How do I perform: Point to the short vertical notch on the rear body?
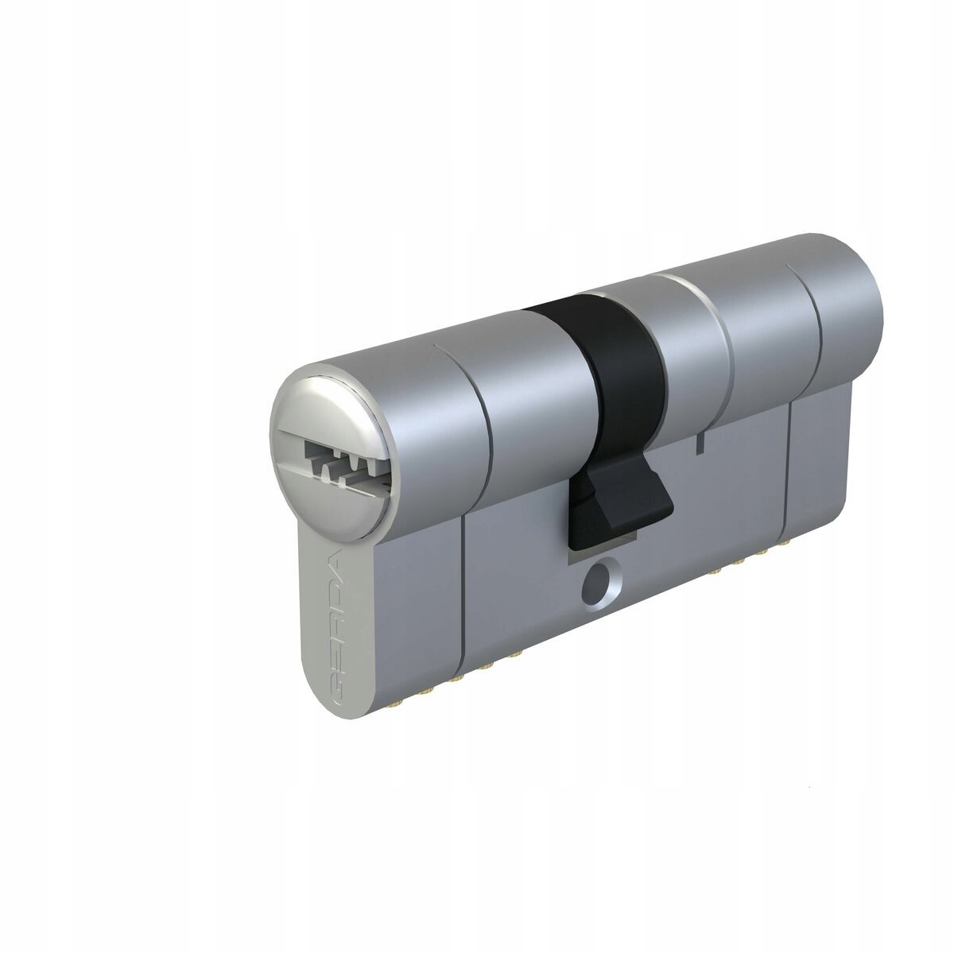click(697, 444)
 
